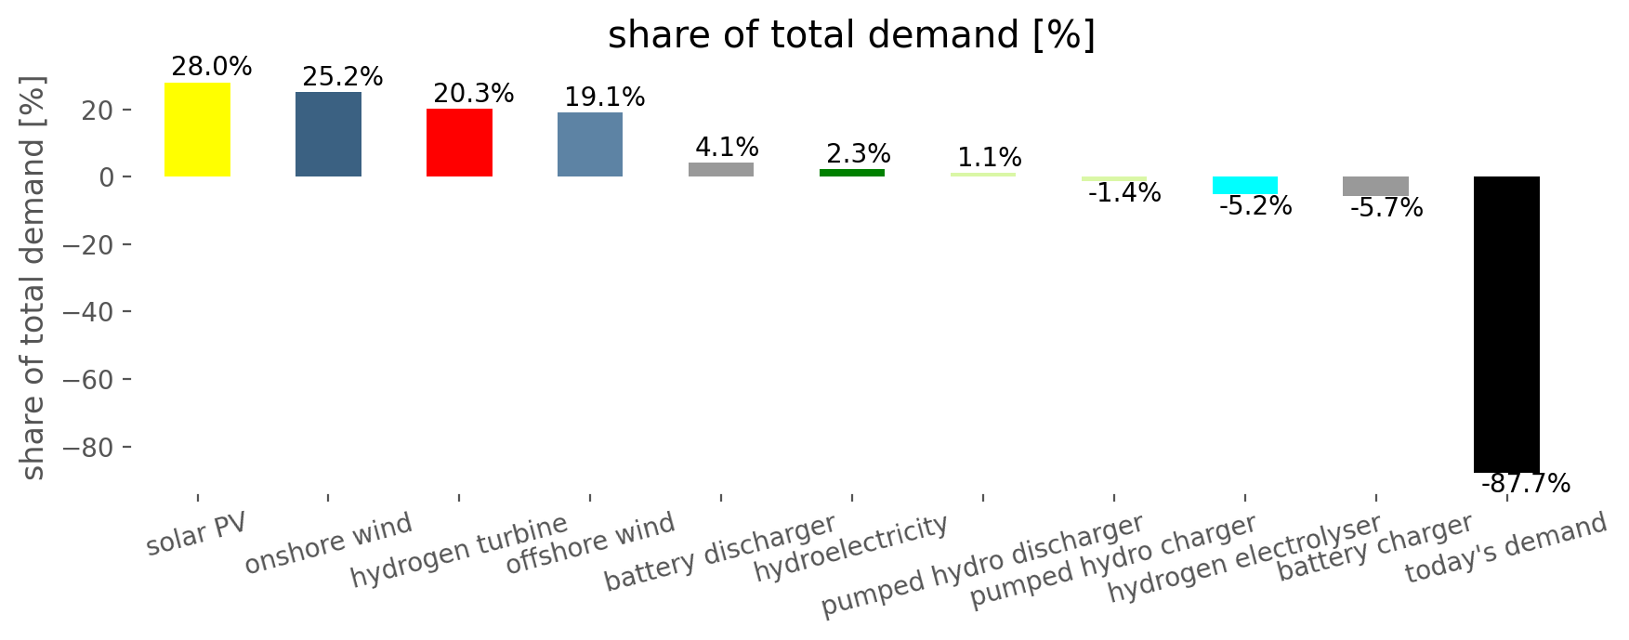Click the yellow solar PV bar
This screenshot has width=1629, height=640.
[x=197, y=129]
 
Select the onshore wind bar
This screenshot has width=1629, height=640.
[x=328, y=134]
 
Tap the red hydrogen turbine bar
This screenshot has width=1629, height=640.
[x=459, y=142]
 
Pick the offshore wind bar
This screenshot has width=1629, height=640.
[x=590, y=144]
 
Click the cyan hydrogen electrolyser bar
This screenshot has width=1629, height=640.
[x=1245, y=185]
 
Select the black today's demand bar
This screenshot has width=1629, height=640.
[x=1506, y=324]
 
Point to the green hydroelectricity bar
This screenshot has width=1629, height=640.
[x=852, y=173]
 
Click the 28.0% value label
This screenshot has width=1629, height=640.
[x=212, y=67]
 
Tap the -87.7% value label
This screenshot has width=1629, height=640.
[x=1526, y=484]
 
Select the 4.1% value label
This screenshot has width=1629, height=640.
[x=727, y=147]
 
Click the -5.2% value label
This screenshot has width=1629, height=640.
[x=1255, y=206]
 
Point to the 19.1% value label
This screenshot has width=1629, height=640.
[x=605, y=97]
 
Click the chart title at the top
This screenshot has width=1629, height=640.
[x=851, y=35]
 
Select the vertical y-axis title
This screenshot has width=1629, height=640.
[x=33, y=278]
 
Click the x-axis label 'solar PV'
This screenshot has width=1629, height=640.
[x=196, y=533]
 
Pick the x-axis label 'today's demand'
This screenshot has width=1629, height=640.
[x=1505, y=548]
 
